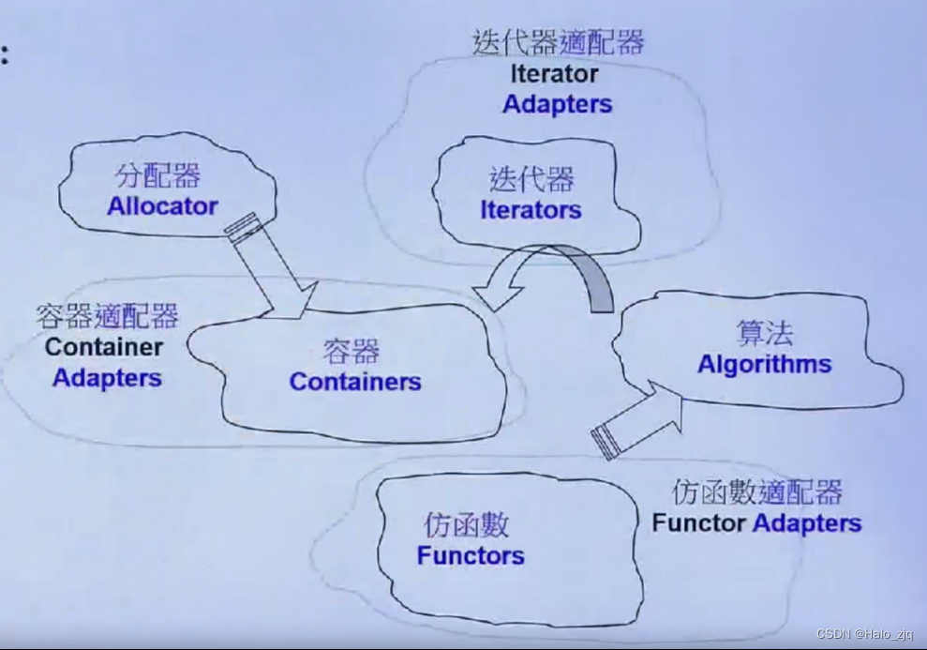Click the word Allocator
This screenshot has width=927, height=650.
pos(162,206)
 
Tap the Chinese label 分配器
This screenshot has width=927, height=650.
pos(157,176)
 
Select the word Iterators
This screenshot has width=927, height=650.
pos(531,210)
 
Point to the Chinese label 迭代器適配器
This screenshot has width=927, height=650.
pos(559,43)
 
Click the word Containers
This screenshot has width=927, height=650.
pos(355,382)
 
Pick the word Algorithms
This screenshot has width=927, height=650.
pos(764,364)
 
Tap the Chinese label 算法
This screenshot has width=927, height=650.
pos(764,334)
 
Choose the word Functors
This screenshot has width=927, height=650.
pos(471,555)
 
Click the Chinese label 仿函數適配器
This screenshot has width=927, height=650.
pos(757,492)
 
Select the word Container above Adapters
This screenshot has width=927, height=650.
pos(104,347)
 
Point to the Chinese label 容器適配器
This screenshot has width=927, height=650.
pos(107,316)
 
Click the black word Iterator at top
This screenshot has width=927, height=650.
pos(555,73)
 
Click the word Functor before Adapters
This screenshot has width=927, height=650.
pos(699,522)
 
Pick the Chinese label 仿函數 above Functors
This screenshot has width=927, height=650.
pos(466,524)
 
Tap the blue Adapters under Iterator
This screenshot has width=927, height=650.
pos(557,104)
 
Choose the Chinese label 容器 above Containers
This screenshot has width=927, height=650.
pos(351,352)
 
